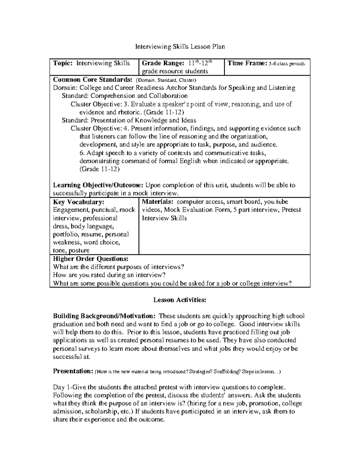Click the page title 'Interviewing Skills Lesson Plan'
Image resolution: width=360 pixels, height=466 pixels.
(x=180, y=47)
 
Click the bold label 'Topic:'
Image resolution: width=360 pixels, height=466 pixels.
(x=63, y=63)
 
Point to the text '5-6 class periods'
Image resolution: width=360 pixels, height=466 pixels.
(x=287, y=64)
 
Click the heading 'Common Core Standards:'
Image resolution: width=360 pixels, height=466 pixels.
(x=92, y=80)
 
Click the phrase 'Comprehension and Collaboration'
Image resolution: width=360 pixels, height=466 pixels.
(x=139, y=96)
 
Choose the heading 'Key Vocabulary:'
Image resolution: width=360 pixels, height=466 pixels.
(x=79, y=202)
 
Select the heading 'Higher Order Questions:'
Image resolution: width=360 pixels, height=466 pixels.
(x=91, y=259)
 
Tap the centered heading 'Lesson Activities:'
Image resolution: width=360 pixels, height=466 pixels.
(x=180, y=300)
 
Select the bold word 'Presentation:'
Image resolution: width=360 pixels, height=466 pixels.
(x=73, y=371)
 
